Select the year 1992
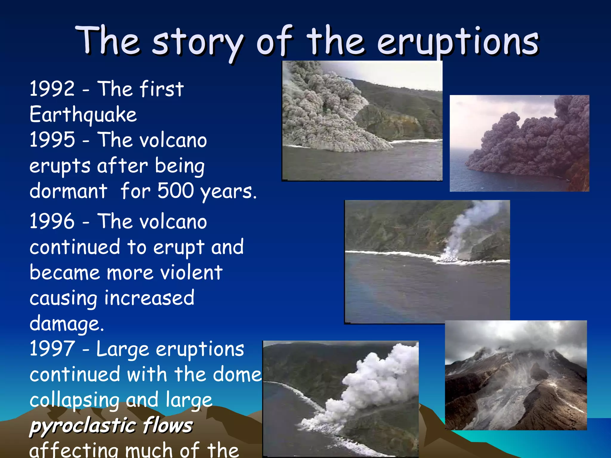[x=52, y=89]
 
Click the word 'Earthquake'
[x=83, y=114]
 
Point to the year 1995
[x=52, y=140]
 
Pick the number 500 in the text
[x=176, y=191]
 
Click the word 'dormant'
[x=68, y=191]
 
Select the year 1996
[x=52, y=221]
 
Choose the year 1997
[x=52, y=349]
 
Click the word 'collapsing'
[x=74, y=400]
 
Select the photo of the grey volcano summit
[x=516, y=375]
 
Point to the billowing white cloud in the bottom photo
[x=373, y=385]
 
